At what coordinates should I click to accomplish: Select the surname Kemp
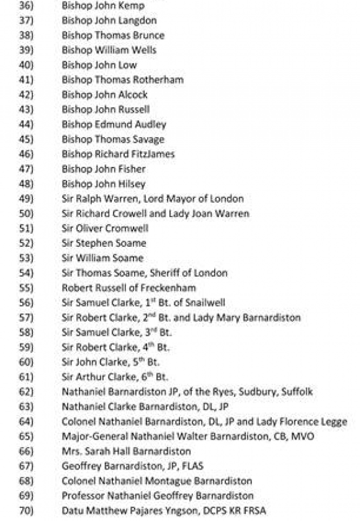tap(132, 6)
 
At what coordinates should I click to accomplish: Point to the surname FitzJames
tap(152, 154)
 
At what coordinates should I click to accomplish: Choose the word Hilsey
tap(131, 184)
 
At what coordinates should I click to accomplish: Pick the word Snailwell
tap(204, 303)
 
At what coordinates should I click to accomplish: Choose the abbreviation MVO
tap(302, 437)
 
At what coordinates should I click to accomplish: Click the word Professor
tap(84, 496)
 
